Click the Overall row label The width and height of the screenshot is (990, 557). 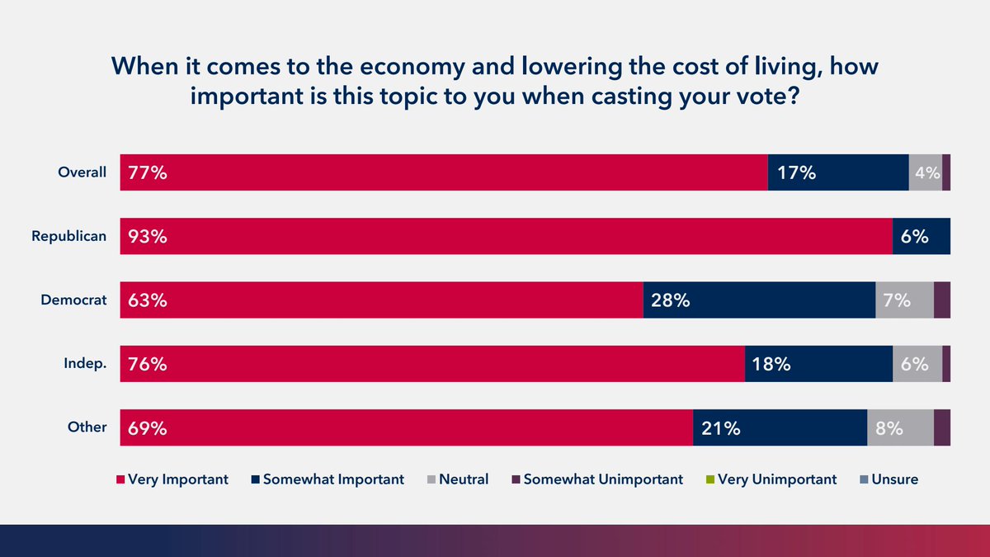coord(82,172)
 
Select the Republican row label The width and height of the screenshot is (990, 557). coord(69,236)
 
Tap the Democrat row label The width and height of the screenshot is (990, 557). coord(74,300)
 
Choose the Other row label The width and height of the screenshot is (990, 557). coord(87,427)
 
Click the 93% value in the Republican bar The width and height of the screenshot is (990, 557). coord(148,237)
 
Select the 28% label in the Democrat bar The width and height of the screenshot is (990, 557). coord(670,300)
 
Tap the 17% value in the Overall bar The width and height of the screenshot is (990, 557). coord(796,173)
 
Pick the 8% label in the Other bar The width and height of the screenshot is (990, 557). coord(889,428)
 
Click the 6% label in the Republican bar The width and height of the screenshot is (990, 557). coord(915,237)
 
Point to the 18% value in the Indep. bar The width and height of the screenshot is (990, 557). coord(771,364)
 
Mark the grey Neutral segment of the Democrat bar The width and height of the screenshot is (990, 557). coord(904,300)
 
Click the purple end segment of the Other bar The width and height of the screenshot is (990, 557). coord(941,427)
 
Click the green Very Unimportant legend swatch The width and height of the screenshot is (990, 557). coord(710,479)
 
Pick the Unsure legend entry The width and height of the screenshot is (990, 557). coord(892,479)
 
